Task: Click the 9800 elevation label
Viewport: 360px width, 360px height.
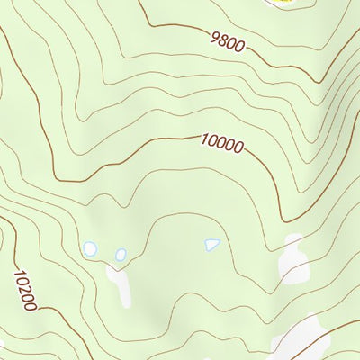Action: [x=226, y=43]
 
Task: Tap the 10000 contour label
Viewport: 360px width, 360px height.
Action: [x=221, y=142]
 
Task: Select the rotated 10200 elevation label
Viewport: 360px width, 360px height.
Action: [x=24, y=290]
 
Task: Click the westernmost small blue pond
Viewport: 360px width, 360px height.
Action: [x=89, y=248]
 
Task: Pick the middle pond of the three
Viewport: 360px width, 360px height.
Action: [x=121, y=255]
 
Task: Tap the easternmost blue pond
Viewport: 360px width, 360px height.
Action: [x=211, y=243]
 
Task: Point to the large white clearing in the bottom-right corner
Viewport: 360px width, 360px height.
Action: [x=301, y=337]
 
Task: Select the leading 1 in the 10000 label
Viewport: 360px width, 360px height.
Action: [x=204, y=139]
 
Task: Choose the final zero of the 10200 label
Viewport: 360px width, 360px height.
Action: [x=31, y=307]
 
